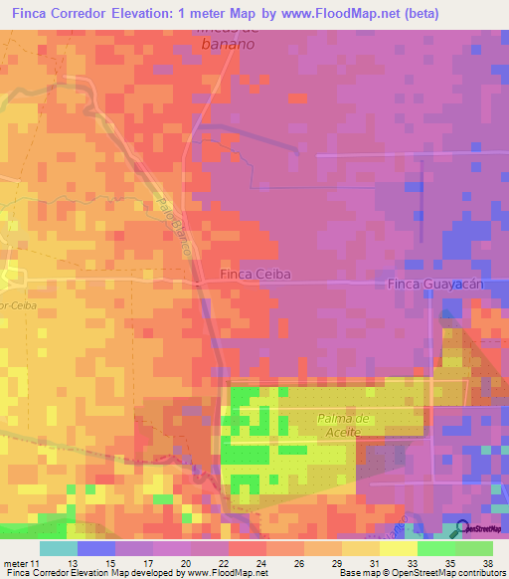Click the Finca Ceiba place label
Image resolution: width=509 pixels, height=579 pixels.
pyautogui.click(x=254, y=274)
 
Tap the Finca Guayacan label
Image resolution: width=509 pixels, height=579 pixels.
pyautogui.click(x=433, y=284)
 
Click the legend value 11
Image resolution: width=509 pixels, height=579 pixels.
pyautogui.click(x=36, y=564)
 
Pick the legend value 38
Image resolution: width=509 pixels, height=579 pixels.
pyautogui.click(x=486, y=564)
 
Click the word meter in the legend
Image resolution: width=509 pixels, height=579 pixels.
pyautogui.click(x=15, y=564)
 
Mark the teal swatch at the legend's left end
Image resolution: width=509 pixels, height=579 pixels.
pyautogui.click(x=59, y=548)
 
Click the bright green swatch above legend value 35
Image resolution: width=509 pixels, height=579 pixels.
pyautogui.click(x=436, y=548)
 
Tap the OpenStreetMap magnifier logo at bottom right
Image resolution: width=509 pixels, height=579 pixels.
pyautogui.click(x=461, y=528)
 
